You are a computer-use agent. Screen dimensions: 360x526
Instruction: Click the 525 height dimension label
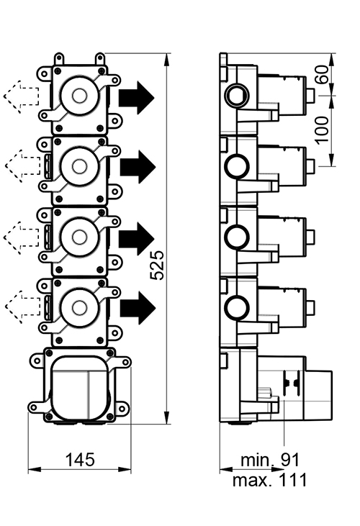coord(158,265)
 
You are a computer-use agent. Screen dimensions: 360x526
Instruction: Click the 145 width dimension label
coord(80,460)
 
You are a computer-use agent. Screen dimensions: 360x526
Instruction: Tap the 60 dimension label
coord(323,74)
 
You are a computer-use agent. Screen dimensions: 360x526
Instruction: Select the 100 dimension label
coord(323,130)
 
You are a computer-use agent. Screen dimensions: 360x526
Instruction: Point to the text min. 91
coord(270,460)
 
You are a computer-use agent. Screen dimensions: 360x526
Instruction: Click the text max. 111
coord(270,480)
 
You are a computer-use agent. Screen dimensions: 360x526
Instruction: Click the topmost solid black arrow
coord(136,97)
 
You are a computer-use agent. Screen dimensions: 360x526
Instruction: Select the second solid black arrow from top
coord(138,167)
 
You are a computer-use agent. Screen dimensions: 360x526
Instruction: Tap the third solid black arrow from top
coord(137,238)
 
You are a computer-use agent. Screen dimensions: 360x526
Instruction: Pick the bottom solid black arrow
coord(138,308)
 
